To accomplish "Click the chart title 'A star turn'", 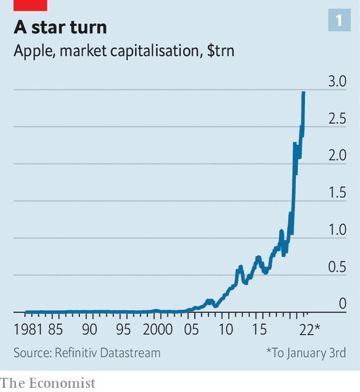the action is [60, 27].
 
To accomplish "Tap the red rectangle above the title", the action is [30, 5].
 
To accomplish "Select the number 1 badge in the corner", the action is [339, 20].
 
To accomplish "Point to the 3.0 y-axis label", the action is [337, 81].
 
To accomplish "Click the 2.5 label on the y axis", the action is [337, 118].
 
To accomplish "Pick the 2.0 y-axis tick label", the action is [337, 155].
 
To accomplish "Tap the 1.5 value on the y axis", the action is [337, 192].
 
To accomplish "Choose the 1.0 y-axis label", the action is [337, 230].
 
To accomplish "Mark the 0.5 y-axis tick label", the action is [337, 266].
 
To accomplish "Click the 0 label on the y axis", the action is [342, 304].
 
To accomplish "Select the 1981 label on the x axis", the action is [28, 329].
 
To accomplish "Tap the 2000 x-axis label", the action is [157, 329].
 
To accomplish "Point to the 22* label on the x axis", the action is [310, 329].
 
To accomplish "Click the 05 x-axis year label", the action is [191, 329].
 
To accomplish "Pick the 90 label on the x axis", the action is [89, 329].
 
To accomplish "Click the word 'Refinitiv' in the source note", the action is [76, 353].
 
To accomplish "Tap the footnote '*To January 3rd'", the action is [306, 353].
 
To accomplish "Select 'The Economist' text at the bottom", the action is [47, 383].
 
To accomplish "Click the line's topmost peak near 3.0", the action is [304, 92].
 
